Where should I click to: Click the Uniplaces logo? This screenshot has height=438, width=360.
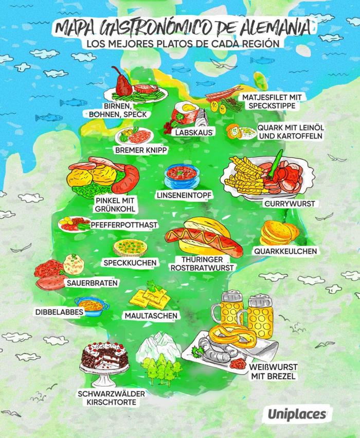pyautogui.click(x=297, y=413)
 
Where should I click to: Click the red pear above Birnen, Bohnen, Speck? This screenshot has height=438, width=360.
pyautogui.click(x=122, y=82)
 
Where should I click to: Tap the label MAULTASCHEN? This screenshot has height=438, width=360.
pyautogui.click(x=151, y=315)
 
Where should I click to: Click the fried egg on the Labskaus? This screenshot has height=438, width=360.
pyautogui.click(x=187, y=110)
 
